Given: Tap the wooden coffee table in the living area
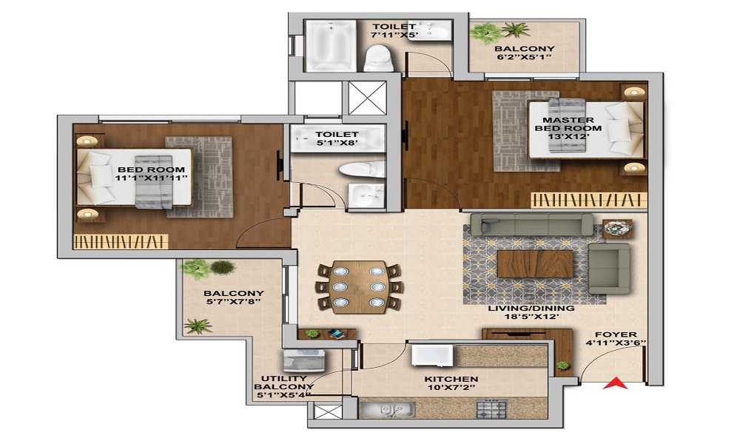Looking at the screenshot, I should point(534,263).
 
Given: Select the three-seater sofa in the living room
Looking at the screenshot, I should point(531,225).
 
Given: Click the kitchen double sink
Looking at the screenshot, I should point(388,408).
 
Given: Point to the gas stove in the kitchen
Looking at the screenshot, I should point(491,408).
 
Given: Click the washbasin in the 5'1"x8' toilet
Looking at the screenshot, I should point(366,196).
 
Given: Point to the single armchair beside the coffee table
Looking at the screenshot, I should point(609,269).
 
